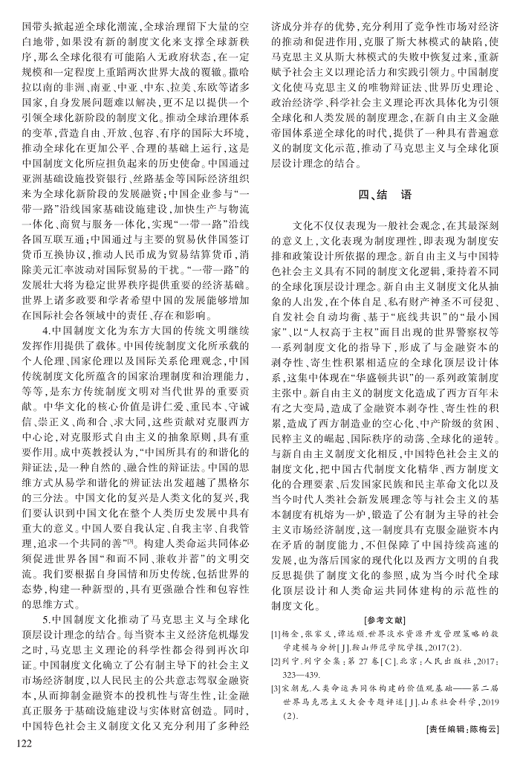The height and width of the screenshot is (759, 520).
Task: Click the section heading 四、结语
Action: point(385,195)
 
